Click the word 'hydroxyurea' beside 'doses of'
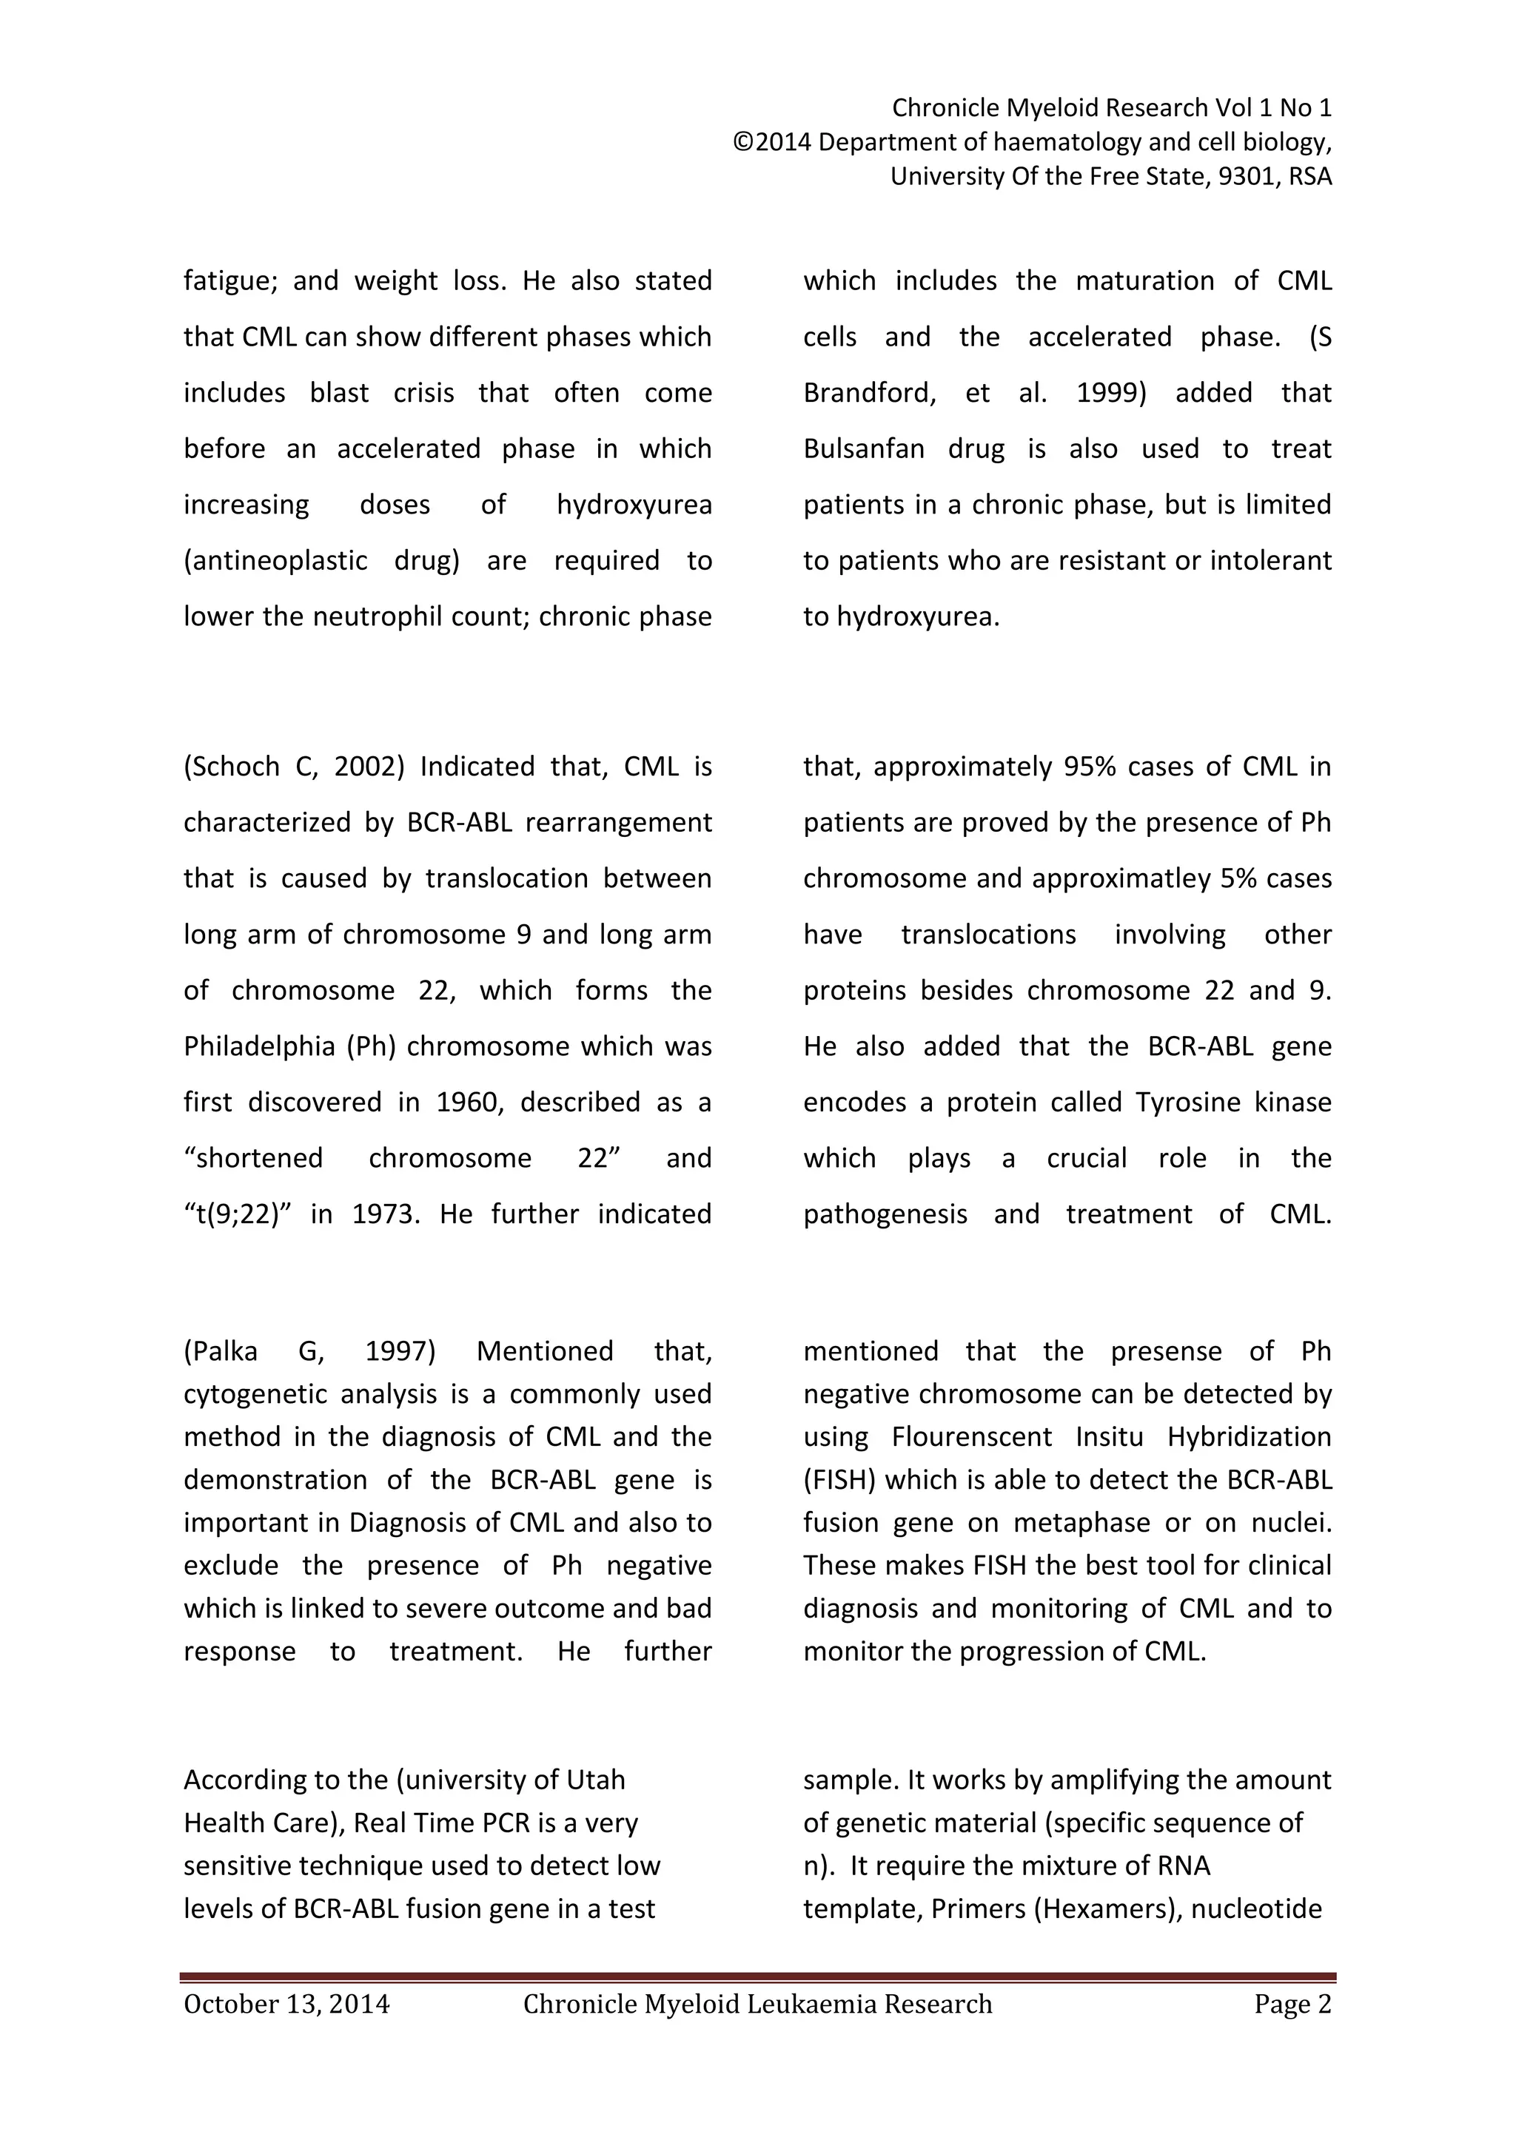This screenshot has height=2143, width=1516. coord(634,505)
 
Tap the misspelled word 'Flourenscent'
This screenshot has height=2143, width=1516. coord(971,1436)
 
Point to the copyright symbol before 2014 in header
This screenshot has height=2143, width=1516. coord(743,143)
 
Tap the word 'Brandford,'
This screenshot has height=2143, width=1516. coord(869,393)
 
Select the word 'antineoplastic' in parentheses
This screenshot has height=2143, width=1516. coord(279,561)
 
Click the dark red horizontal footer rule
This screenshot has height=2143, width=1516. coord(757,1977)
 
